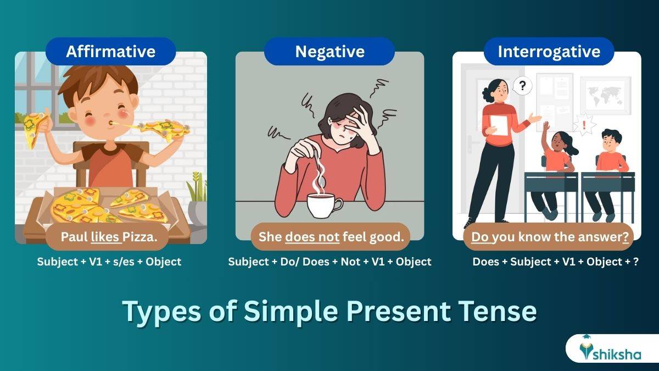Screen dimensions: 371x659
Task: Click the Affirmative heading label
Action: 110,52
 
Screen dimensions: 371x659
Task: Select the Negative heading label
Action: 329,52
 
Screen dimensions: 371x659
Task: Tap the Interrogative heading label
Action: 549,52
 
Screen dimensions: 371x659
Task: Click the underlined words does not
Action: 312,237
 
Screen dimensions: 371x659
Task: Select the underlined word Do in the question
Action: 480,237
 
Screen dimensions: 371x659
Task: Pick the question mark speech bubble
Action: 522,86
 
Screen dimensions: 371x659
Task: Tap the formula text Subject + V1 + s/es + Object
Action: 109,262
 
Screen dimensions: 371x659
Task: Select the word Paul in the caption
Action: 74,237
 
